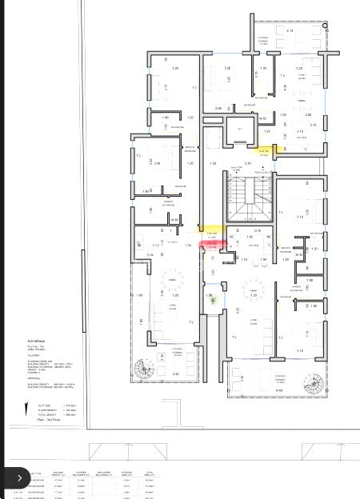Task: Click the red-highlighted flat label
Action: pos(212,247)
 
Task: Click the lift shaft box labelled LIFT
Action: pos(239,132)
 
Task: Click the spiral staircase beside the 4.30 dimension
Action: pos(144,369)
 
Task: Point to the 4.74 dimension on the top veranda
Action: pos(290,30)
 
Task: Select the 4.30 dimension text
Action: pos(176,373)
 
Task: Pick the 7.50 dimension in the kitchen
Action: pos(263,260)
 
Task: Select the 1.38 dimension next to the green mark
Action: pos(210,295)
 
